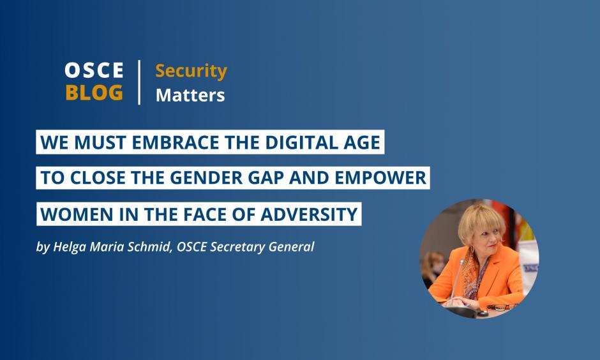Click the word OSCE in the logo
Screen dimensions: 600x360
[x=94, y=70]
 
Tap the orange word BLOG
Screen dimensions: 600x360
[x=94, y=93]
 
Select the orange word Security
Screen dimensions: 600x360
[x=191, y=71]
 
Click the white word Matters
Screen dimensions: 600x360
[x=190, y=95]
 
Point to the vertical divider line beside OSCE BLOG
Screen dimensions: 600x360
[x=139, y=82]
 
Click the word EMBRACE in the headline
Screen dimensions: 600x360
[x=176, y=142]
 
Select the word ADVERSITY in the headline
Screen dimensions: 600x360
[x=309, y=214]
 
